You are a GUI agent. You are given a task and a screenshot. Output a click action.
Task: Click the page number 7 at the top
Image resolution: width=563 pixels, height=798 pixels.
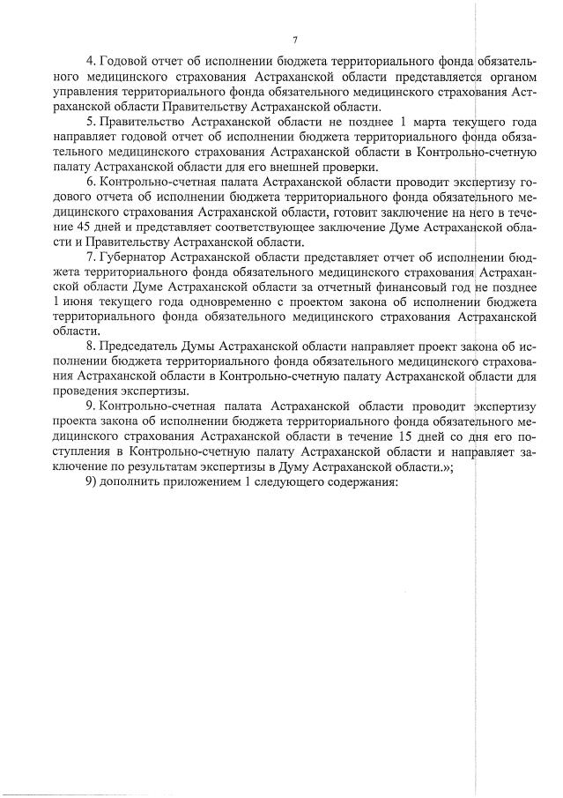(295, 40)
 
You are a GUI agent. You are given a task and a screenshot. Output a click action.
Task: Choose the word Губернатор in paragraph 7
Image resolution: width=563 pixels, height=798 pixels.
(140, 257)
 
